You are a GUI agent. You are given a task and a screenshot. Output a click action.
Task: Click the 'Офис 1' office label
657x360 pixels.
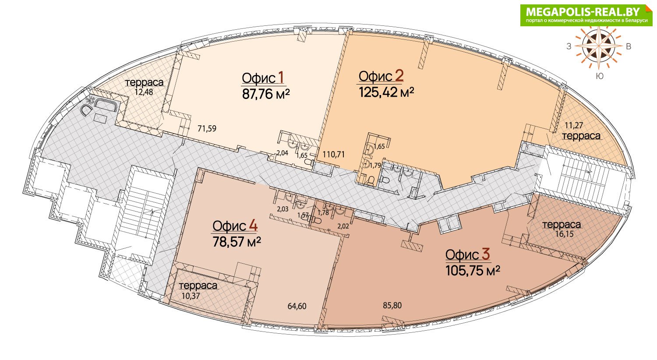[263, 78]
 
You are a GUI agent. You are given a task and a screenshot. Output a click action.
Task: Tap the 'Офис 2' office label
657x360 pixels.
[381, 76]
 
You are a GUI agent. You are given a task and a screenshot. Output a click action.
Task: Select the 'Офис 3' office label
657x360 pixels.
[468, 254]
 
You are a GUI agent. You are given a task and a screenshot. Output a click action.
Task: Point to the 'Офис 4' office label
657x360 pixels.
[235, 226]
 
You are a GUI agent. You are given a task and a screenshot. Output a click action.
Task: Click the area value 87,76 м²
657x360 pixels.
[266, 94]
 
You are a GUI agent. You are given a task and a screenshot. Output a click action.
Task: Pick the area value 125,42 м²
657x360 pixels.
[386, 92]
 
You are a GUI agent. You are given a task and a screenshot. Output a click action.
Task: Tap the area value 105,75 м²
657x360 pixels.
[473, 271]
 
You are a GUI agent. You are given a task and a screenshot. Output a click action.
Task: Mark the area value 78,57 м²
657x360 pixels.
[237, 242]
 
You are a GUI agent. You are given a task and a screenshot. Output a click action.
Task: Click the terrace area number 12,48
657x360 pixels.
[144, 92]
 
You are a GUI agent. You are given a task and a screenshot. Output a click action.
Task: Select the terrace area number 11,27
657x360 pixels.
[574, 125]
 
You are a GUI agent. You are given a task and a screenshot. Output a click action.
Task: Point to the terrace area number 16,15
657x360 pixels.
[564, 234]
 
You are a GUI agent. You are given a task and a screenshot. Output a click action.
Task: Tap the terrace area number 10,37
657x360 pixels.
[191, 296]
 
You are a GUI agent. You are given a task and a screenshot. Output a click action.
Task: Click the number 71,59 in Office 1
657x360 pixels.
[207, 128]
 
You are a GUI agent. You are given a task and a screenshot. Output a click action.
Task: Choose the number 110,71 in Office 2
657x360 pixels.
[333, 154]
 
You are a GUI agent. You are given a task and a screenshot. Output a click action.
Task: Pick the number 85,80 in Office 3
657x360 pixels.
[392, 305]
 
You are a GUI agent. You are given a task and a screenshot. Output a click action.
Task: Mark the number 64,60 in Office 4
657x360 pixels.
[297, 306]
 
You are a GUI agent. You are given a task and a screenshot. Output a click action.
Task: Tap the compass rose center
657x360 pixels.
[599, 46]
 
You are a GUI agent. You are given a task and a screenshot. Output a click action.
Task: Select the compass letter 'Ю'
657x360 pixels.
[600, 76]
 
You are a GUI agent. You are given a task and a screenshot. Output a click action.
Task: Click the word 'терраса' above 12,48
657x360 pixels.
[144, 82]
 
